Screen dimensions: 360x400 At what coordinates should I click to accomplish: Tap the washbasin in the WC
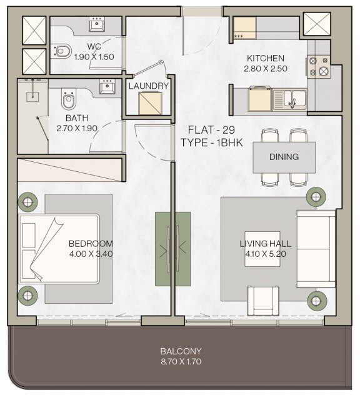(x=97, y=24)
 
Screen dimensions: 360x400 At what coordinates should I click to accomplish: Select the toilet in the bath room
(x=69, y=99)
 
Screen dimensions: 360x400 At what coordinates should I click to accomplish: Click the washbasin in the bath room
(x=107, y=86)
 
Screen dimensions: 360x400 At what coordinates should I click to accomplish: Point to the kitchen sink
(x=289, y=99)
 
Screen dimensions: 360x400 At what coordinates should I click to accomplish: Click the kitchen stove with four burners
(x=319, y=67)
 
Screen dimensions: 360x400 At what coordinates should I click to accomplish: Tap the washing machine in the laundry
(x=150, y=103)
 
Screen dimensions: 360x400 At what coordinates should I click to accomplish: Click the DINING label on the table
(x=284, y=157)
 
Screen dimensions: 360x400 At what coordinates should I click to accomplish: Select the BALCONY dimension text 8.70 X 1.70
(x=181, y=361)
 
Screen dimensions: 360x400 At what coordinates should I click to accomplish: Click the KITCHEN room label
(x=266, y=58)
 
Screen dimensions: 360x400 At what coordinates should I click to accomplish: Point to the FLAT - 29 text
(x=211, y=130)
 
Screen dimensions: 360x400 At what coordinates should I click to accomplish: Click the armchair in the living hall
(x=263, y=301)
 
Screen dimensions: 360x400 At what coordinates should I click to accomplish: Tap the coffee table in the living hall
(x=262, y=249)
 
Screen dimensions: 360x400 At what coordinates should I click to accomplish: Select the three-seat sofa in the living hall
(x=316, y=249)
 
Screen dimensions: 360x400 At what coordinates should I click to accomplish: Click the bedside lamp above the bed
(x=27, y=202)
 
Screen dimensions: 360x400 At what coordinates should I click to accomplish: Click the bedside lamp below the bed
(x=27, y=296)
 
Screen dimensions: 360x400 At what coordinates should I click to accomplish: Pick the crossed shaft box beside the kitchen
(x=317, y=24)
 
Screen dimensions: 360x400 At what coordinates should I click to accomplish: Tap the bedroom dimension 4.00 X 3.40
(x=91, y=254)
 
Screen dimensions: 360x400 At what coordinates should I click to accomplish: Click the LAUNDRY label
(x=149, y=86)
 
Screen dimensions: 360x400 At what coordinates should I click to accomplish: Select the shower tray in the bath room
(x=32, y=116)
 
